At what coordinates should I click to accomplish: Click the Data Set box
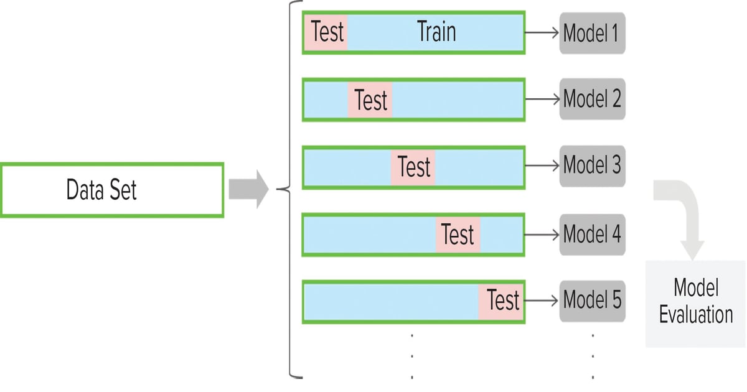(112, 190)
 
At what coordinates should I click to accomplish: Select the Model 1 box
(591, 32)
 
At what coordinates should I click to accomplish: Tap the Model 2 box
(591, 99)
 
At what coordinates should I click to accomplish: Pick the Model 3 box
(591, 166)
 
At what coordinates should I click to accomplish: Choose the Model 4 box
(591, 234)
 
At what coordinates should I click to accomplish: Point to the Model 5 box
(591, 301)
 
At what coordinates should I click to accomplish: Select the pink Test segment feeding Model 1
(326, 32)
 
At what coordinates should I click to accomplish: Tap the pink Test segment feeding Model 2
(370, 100)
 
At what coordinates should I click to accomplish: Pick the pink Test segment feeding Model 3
(413, 167)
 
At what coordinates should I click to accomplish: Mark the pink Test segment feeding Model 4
(458, 235)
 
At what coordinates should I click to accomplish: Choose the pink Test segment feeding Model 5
(501, 301)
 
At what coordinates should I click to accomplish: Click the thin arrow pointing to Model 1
(542, 32)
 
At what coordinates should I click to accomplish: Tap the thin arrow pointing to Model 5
(542, 301)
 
